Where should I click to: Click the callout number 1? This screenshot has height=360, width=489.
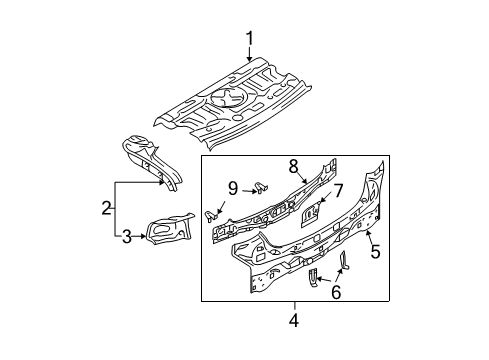[250, 38]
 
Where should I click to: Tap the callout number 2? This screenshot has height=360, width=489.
[106, 208]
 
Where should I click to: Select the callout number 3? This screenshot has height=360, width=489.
[127, 237]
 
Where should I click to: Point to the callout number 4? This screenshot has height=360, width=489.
[294, 321]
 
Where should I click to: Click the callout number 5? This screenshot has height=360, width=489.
[376, 251]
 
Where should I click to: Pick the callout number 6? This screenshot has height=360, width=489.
[336, 292]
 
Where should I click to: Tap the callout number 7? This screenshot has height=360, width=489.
[338, 191]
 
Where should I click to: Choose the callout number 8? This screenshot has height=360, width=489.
[293, 166]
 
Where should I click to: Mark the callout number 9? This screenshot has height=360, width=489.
[233, 189]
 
